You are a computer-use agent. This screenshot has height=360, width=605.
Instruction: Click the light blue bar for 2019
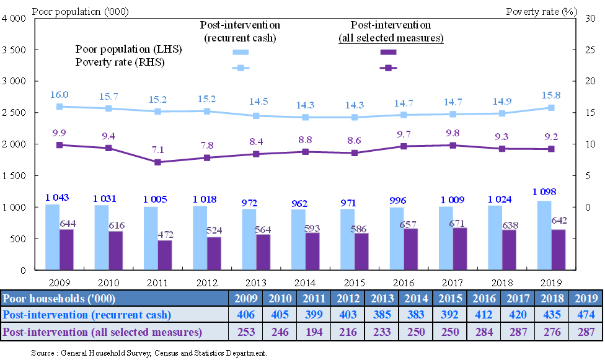pyautogui.click(x=544, y=235)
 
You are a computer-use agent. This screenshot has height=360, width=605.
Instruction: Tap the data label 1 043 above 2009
pyautogui.click(x=56, y=198)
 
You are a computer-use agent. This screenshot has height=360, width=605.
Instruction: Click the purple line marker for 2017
pyautogui.click(x=453, y=145)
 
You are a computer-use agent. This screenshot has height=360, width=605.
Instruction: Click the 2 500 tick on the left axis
pyautogui.click(x=15, y=113)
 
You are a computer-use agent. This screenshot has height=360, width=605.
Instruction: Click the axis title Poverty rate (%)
pyautogui.click(x=538, y=11)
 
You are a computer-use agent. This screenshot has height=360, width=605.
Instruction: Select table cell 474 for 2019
pyautogui.click(x=585, y=314)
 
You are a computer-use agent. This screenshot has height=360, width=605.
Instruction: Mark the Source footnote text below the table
pyautogui.click(x=149, y=353)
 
